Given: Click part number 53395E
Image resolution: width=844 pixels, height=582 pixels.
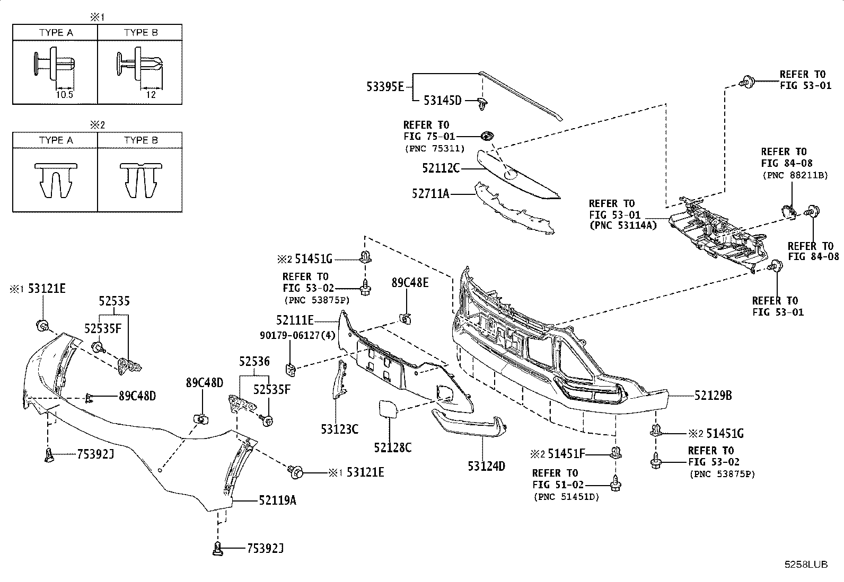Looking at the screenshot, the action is tap(385, 87).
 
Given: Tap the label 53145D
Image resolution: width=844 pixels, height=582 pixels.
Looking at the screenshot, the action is tap(442, 101).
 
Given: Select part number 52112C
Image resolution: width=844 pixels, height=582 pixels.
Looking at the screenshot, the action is tap(441, 168).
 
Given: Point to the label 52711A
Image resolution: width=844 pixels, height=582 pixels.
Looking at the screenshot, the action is tap(430, 194).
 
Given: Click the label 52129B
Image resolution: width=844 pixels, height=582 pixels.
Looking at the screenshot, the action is tap(713, 396).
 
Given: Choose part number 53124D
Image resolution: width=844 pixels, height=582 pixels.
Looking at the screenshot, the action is tap(487, 467).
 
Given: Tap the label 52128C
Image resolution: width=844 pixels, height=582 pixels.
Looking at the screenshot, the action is tap(393, 447).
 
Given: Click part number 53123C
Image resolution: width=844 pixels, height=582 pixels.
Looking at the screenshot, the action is tap(339, 429).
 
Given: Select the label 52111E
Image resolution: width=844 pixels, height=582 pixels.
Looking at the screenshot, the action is tap(295, 320).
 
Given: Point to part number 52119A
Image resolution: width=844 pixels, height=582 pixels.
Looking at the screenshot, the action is tap(278, 500).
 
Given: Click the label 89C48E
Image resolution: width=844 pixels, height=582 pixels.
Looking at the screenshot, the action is tap(410, 283).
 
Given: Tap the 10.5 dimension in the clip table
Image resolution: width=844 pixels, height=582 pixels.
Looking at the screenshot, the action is tap(65, 95).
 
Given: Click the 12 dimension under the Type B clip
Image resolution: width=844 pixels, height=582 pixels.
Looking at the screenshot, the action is tap(151, 95).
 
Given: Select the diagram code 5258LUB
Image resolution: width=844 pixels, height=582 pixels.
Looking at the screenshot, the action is tap(806, 565).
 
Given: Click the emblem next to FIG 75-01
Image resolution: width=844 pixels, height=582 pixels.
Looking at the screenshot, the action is tap(488, 136).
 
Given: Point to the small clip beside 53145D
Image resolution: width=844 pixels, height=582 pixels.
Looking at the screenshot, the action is tap(482, 103).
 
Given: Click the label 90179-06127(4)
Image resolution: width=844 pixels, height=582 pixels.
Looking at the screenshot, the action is tap(297, 335).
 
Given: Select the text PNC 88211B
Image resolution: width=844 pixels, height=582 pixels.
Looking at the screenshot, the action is tap(795, 175).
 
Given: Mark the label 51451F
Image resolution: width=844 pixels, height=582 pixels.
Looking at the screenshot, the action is tap(566, 454).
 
